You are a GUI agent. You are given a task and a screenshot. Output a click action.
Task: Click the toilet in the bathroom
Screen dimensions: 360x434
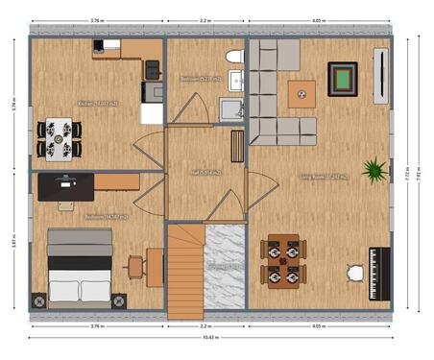[233, 58]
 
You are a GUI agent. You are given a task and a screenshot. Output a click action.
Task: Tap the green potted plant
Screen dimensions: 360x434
[374, 170]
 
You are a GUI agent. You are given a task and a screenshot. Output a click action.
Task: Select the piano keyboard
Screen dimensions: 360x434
[379, 273]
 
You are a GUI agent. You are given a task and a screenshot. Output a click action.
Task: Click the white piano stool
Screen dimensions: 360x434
[355, 273]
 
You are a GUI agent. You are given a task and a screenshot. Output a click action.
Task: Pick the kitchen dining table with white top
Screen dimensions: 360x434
[59, 137]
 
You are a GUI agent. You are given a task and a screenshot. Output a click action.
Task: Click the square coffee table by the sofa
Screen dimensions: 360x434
[301, 93]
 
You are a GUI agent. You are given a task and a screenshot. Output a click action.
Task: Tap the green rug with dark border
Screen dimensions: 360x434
[343, 79]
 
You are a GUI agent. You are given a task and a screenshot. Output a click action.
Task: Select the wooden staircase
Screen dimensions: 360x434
[185, 271]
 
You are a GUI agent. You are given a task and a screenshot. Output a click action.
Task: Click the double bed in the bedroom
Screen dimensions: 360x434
[81, 269]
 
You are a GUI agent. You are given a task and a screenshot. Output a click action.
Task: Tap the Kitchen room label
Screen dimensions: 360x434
[96, 104]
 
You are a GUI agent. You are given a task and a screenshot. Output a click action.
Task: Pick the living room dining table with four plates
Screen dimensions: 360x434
[283, 262]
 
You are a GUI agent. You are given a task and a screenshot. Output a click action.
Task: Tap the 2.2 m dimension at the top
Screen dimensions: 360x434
[207, 19]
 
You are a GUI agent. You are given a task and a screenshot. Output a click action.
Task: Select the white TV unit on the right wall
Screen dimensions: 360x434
[381, 77]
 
